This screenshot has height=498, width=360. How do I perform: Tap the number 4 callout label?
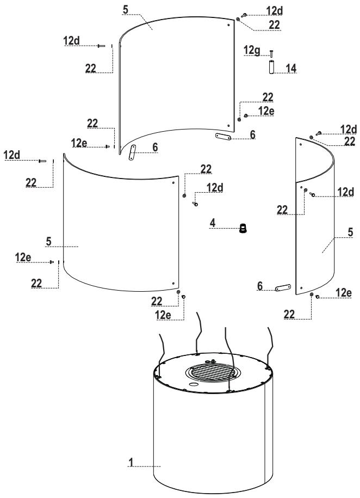pos(214,222)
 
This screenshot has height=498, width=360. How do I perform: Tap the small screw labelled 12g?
pos(271,53)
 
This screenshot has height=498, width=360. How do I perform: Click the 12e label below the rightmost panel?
pos(344,293)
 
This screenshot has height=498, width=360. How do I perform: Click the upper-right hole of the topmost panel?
pos(229,25)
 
